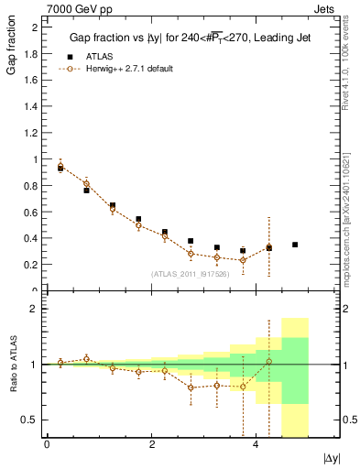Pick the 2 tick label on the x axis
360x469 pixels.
tap(150, 444)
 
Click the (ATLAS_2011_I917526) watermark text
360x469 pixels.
tap(191, 274)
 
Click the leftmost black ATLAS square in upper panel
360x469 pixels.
tap(60, 169)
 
